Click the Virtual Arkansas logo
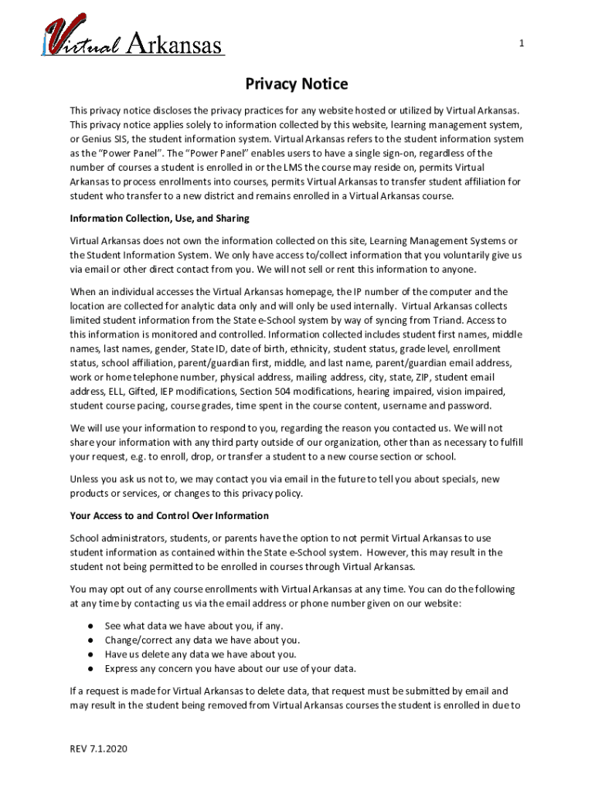(x=134, y=39)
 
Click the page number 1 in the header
(x=521, y=44)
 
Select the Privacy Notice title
(x=297, y=84)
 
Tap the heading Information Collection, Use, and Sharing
(x=159, y=219)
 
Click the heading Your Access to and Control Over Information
(x=169, y=515)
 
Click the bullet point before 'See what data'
(x=90, y=626)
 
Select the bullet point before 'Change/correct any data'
(x=90, y=640)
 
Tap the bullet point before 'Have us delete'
(x=90, y=654)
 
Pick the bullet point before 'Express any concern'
(x=90, y=668)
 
